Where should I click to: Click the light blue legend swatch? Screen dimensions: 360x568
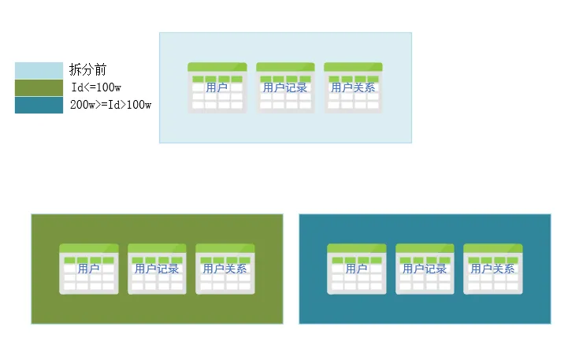click(39, 71)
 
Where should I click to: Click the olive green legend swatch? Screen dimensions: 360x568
click(39, 87)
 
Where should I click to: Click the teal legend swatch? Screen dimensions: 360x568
click(39, 105)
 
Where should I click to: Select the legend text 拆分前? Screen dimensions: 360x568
click(82, 71)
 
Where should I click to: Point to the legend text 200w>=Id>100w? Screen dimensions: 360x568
click(110, 105)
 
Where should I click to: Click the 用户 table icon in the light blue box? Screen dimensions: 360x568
click(217, 88)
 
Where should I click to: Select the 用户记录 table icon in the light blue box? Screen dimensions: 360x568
click(285, 88)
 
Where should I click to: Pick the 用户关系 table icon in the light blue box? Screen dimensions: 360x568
click(353, 88)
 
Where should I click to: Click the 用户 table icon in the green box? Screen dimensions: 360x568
click(89, 269)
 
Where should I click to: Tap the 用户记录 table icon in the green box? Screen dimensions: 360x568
click(157, 269)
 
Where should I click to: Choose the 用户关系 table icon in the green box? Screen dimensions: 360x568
click(225, 269)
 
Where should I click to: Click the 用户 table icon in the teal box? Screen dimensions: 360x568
click(357, 269)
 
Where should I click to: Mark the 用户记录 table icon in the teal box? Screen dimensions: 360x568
click(425, 269)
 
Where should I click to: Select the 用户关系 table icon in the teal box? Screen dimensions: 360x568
click(492, 269)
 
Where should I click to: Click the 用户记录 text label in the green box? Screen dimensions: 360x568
click(157, 269)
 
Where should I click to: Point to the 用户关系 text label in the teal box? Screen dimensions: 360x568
click(492, 269)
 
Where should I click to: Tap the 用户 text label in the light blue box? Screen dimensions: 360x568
click(217, 87)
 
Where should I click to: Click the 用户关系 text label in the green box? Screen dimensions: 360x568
click(225, 269)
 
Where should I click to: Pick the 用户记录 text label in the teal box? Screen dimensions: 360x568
click(425, 269)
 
